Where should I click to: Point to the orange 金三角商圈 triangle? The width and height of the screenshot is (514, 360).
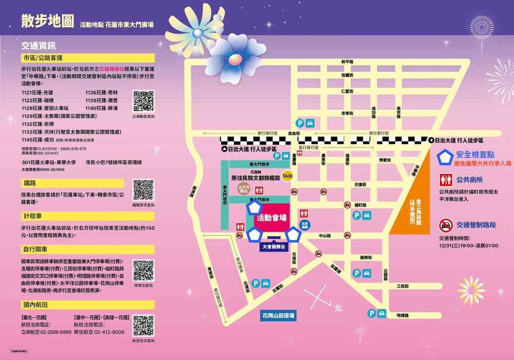[411, 206]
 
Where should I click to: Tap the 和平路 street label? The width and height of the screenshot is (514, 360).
[347, 62]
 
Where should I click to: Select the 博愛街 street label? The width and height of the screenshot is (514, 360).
[385, 160]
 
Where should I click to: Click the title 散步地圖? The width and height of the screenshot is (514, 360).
[47, 21]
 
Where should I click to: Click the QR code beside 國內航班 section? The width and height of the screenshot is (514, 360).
[143, 326]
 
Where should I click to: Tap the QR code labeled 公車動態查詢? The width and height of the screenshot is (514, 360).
[143, 101]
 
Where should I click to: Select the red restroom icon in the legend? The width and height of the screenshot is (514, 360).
[446, 180]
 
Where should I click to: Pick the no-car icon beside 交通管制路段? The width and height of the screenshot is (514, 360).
[446, 225]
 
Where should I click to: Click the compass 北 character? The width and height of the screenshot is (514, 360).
[338, 309]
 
